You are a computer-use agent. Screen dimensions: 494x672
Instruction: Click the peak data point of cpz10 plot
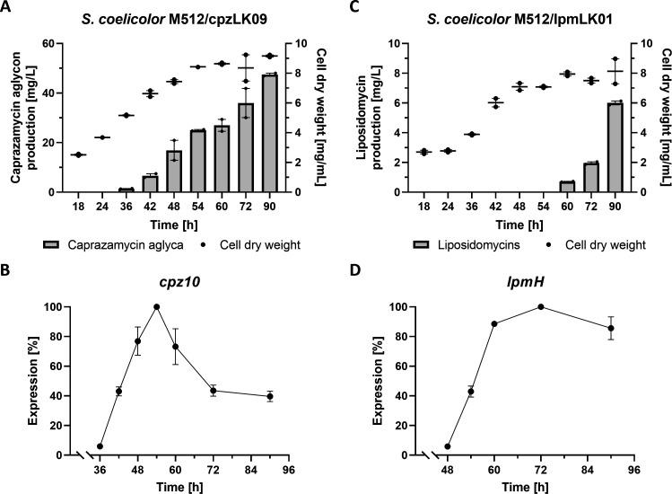pyautogui.click(x=156, y=306)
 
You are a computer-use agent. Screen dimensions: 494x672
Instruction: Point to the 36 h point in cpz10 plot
pyautogui.click(x=100, y=446)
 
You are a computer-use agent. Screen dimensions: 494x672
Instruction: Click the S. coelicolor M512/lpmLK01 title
pyautogui.click(x=521, y=12)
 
